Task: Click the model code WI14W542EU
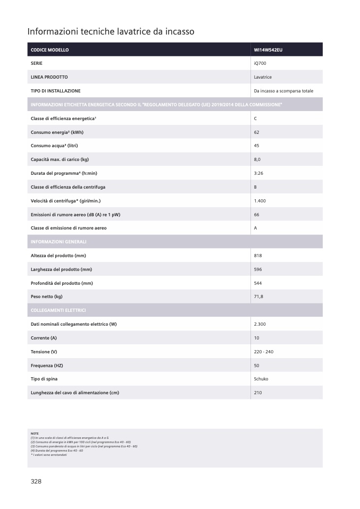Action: (x=267, y=50)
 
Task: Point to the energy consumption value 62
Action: (x=257, y=132)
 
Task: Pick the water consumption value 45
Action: (x=257, y=146)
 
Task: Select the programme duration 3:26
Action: (x=258, y=173)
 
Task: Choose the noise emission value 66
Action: (x=257, y=214)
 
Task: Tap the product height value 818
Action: (x=258, y=256)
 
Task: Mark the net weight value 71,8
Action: (x=258, y=296)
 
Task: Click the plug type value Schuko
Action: (x=261, y=379)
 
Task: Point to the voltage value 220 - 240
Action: (x=264, y=352)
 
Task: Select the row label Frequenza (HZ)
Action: (x=47, y=366)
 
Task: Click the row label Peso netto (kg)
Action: (x=47, y=296)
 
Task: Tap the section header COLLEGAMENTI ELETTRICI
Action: (x=58, y=310)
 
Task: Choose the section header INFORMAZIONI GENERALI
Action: (x=58, y=242)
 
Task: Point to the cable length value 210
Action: (x=258, y=393)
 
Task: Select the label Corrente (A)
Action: (x=44, y=338)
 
